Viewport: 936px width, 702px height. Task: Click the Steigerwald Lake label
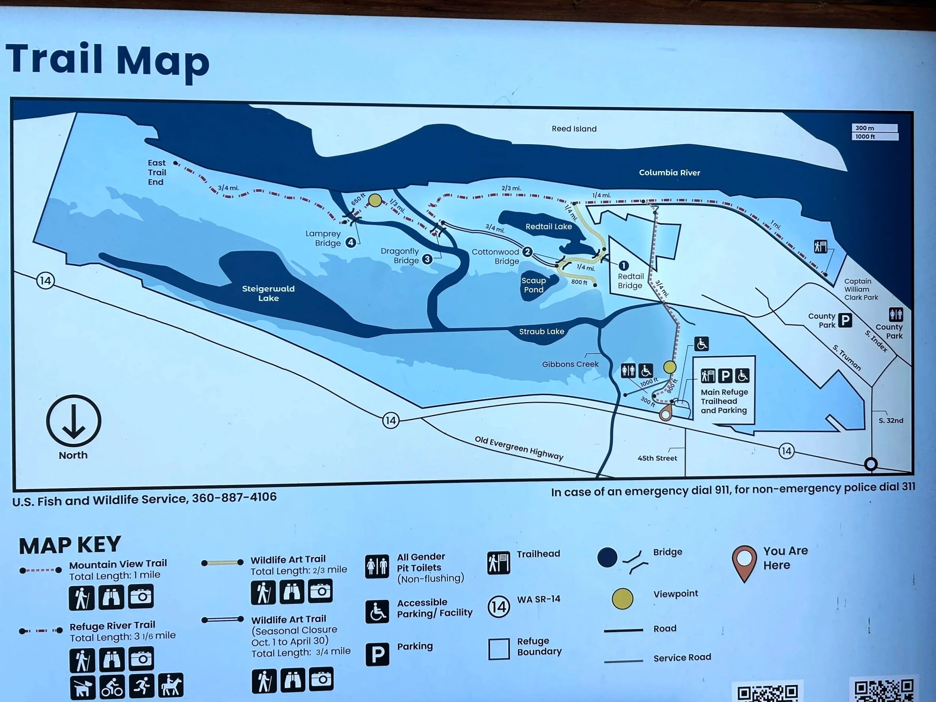[268, 293]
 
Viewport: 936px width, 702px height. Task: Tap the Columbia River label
[669, 173]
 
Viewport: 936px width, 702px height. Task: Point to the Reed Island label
[574, 129]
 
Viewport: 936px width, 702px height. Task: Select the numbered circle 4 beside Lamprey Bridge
[350, 242]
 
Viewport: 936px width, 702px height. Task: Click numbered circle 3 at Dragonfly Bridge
[427, 259]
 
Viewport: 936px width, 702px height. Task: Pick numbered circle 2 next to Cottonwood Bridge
[527, 252]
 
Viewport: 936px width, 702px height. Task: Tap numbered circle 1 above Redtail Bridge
[623, 265]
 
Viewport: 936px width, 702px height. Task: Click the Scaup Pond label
[534, 285]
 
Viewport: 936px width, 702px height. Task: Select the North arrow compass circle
[73, 420]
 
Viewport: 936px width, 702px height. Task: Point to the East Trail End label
[156, 172]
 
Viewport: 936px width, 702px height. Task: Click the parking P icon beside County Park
[845, 320]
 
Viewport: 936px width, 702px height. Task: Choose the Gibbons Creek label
[570, 364]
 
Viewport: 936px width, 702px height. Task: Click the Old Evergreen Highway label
[519, 448]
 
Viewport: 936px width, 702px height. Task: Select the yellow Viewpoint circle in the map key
[622, 599]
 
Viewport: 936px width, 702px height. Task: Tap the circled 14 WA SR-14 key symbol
[498, 607]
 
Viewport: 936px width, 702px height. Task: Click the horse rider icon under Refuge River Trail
[171, 685]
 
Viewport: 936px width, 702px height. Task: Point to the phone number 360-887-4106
[234, 497]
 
